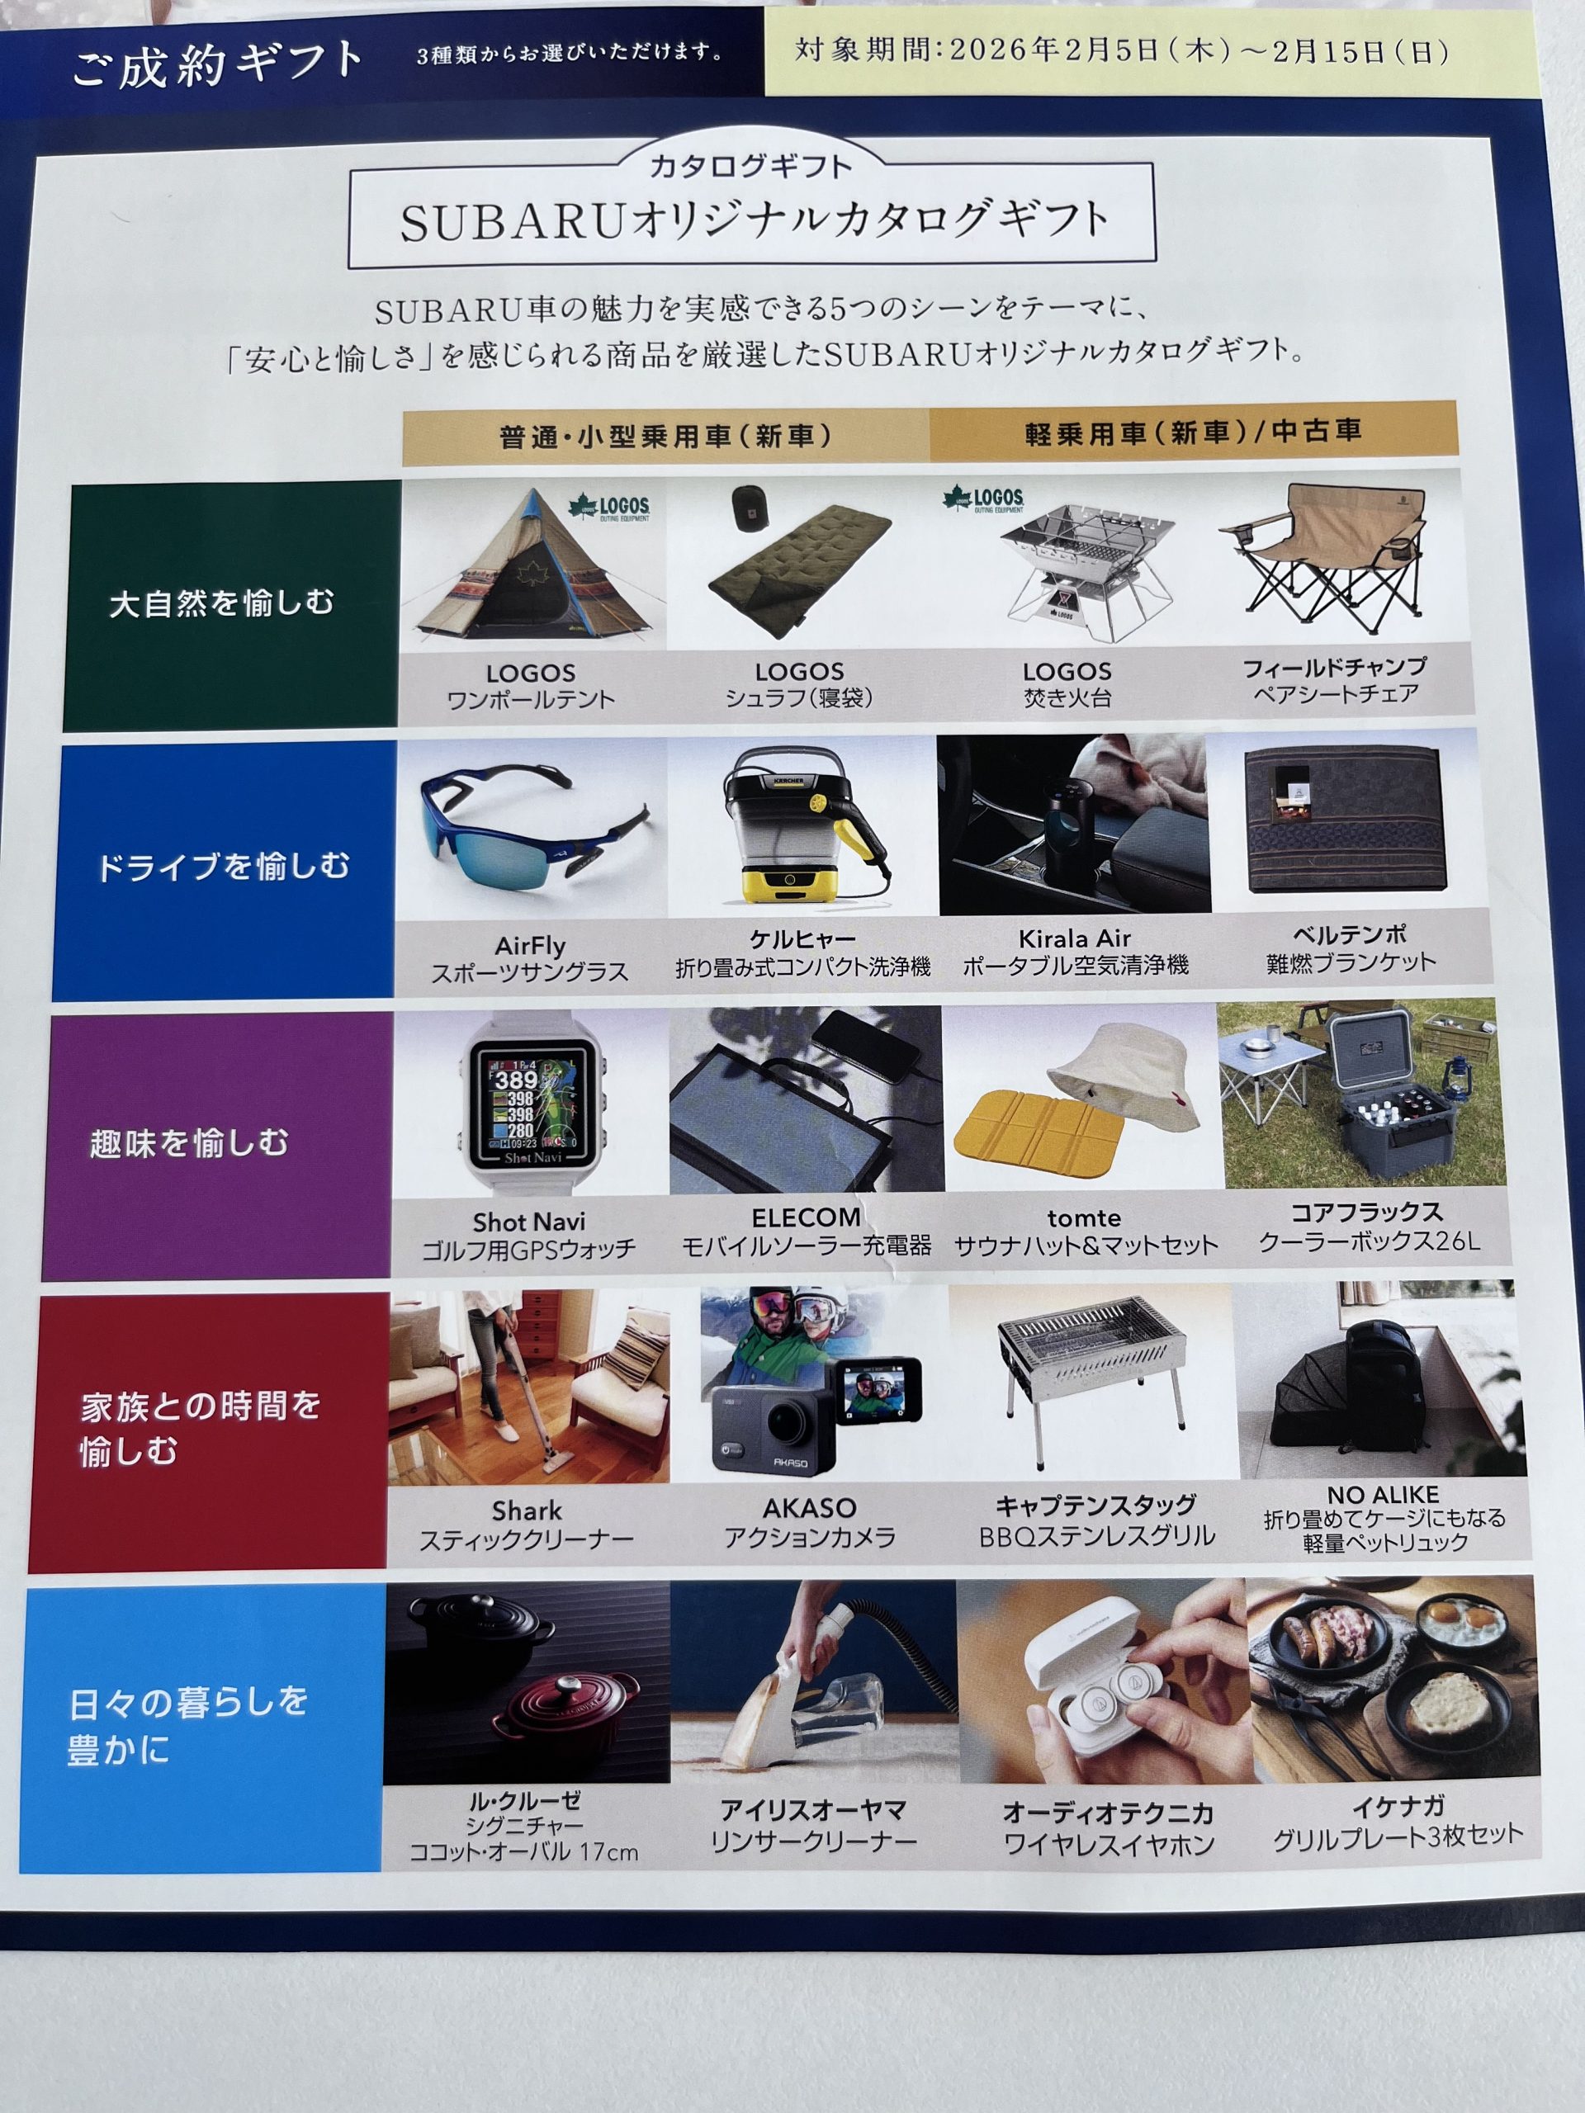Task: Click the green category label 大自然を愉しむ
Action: pos(221,603)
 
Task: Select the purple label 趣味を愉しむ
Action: pos(189,1142)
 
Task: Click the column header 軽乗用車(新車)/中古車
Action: pos(1193,433)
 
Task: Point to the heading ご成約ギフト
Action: pos(218,65)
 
